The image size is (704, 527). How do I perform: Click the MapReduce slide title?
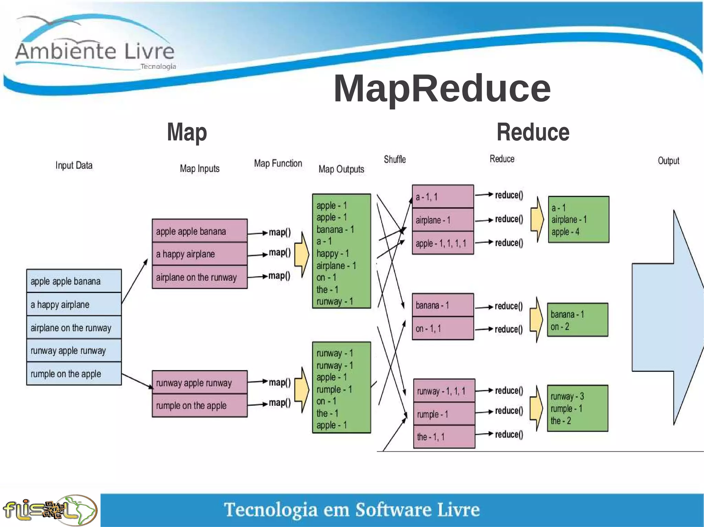pos(442,89)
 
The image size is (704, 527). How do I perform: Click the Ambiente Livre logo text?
pos(95,51)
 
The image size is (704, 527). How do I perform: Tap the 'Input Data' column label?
pos(74,165)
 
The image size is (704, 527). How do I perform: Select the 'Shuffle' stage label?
pos(395,160)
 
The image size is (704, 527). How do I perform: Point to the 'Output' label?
pos(668,161)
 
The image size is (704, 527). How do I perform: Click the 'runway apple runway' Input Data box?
pos(74,351)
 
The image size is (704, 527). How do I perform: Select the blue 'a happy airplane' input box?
pos(74,305)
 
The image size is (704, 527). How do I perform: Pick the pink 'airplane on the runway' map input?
pos(199,277)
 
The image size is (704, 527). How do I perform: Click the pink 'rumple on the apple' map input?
pos(199,405)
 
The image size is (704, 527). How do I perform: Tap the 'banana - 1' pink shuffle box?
pos(443,305)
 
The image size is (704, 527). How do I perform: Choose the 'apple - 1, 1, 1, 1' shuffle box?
pos(443,243)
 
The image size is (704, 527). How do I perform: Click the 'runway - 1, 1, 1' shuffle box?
pos(444,391)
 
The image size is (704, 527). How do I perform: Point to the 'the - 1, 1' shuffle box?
pos(444,437)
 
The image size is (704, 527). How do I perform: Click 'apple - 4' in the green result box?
pos(565,232)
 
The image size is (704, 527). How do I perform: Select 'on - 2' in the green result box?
pos(560,327)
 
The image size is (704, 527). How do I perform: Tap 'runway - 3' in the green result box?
pos(567,397)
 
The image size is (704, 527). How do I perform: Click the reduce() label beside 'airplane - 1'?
pos(509,219)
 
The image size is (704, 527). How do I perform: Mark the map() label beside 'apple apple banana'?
pos(279,232)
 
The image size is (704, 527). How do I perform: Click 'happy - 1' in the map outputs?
pos(333,254)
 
